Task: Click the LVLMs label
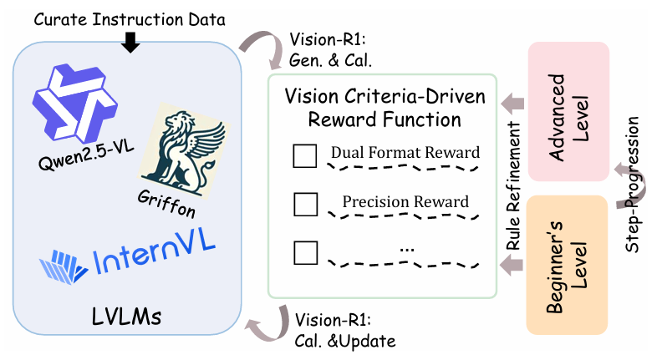128,318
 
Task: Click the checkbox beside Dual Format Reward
303,155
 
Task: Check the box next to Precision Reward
303,203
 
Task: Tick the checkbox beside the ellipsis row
303,251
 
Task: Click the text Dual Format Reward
405,153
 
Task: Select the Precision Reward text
405,201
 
